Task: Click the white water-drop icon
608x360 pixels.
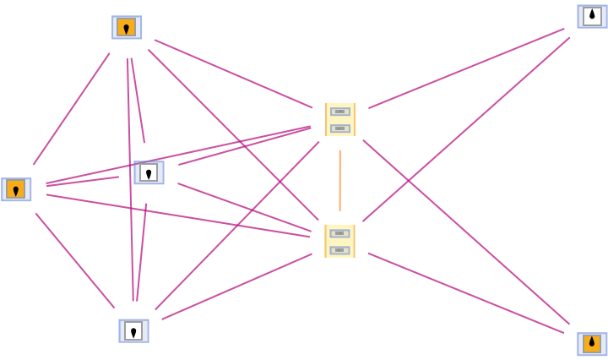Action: (592, 16)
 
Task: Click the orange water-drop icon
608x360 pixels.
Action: (592, 344)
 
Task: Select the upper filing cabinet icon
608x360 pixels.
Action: (340, 119)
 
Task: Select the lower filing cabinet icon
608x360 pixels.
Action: (339, 241)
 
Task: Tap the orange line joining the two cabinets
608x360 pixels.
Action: (339, 180)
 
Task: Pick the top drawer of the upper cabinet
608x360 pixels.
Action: (340, 112)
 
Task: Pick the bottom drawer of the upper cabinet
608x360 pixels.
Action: (340, 128)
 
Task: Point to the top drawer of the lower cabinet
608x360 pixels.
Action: (339, 233)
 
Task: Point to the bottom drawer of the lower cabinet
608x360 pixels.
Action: (339, 250)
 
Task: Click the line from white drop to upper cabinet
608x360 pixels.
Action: (466, 68)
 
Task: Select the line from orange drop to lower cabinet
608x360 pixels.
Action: (466, 292)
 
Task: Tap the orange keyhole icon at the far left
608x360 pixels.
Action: (16, 189)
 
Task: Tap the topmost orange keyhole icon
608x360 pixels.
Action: (127, 27)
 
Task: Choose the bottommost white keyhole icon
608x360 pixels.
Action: (133, 330)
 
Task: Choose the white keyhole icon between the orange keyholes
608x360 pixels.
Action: (149, 172)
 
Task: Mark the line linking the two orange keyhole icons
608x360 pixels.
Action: (71, 109)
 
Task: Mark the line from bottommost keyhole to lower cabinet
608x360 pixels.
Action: (236, 286)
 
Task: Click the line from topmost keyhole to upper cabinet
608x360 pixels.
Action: (233, 74)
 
